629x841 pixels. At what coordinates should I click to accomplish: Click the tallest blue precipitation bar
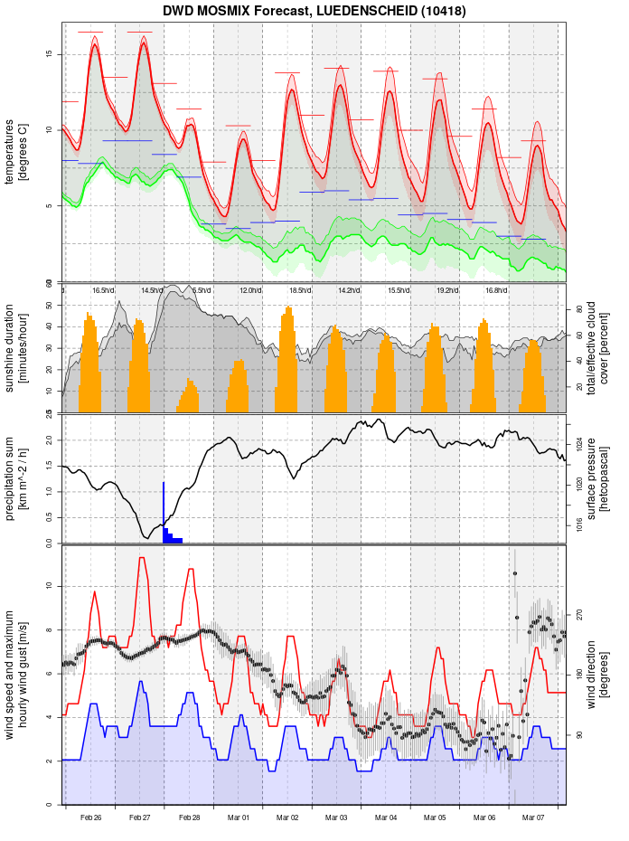point(164,513)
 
